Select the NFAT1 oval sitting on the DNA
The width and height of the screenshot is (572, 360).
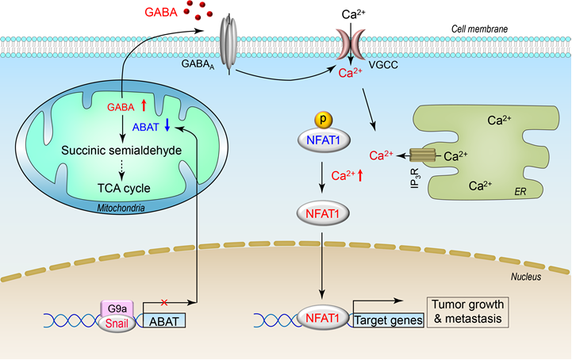pyautogui.click(x=324, y=320)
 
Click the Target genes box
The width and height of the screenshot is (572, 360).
pyautogui.click(x=380, y=320)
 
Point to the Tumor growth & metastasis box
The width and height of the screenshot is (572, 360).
pyautogui.click(x=467, y=311)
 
